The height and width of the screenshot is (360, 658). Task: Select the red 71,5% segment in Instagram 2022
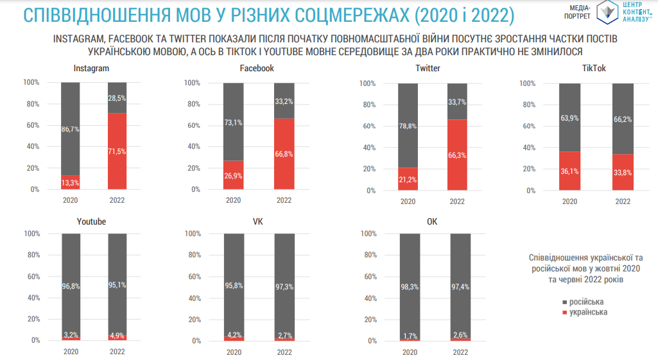tap(117, 151)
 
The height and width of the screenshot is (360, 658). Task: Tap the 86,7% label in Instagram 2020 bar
tap(70, 130)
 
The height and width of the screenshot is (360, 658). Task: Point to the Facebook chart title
tap(257, 68)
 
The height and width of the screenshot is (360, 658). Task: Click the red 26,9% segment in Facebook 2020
tap(233, 175)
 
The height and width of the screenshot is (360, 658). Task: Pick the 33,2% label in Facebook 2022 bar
tap(284, 101)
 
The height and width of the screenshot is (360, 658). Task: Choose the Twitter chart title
tap(428, 68)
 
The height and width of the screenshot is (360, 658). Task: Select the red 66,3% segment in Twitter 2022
tap(457, 155)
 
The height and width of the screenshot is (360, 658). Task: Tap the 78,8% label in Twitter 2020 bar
tap(408, 126)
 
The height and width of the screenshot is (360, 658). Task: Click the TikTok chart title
tap(594, 68)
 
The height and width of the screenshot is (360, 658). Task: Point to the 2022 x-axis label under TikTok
tap(623, 201)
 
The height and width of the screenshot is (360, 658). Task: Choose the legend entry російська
tap(585, 302)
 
